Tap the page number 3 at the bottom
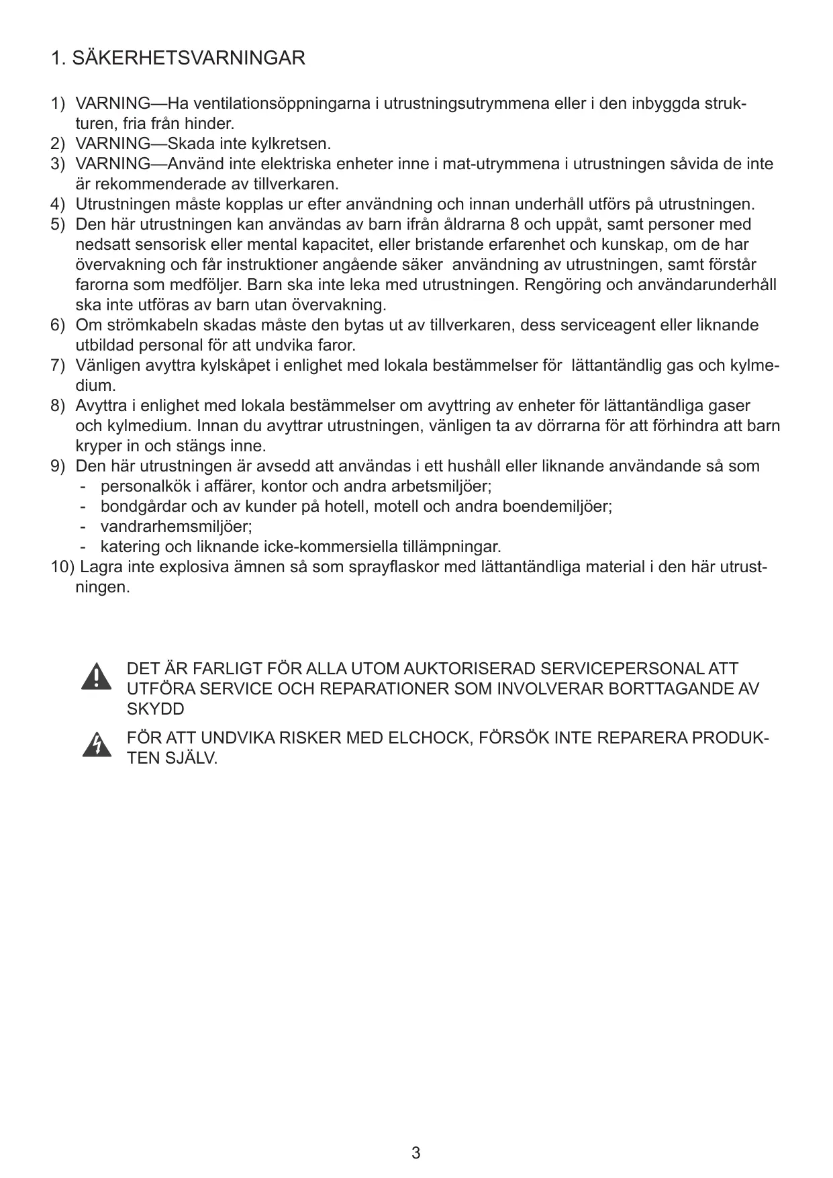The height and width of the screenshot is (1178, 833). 416,1153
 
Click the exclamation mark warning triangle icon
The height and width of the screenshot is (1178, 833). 97,677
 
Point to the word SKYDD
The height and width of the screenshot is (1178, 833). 155,709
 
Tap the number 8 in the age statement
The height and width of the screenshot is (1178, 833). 516,224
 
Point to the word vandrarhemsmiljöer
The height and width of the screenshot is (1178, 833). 176,527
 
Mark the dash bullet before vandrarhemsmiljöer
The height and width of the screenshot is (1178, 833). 83,527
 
